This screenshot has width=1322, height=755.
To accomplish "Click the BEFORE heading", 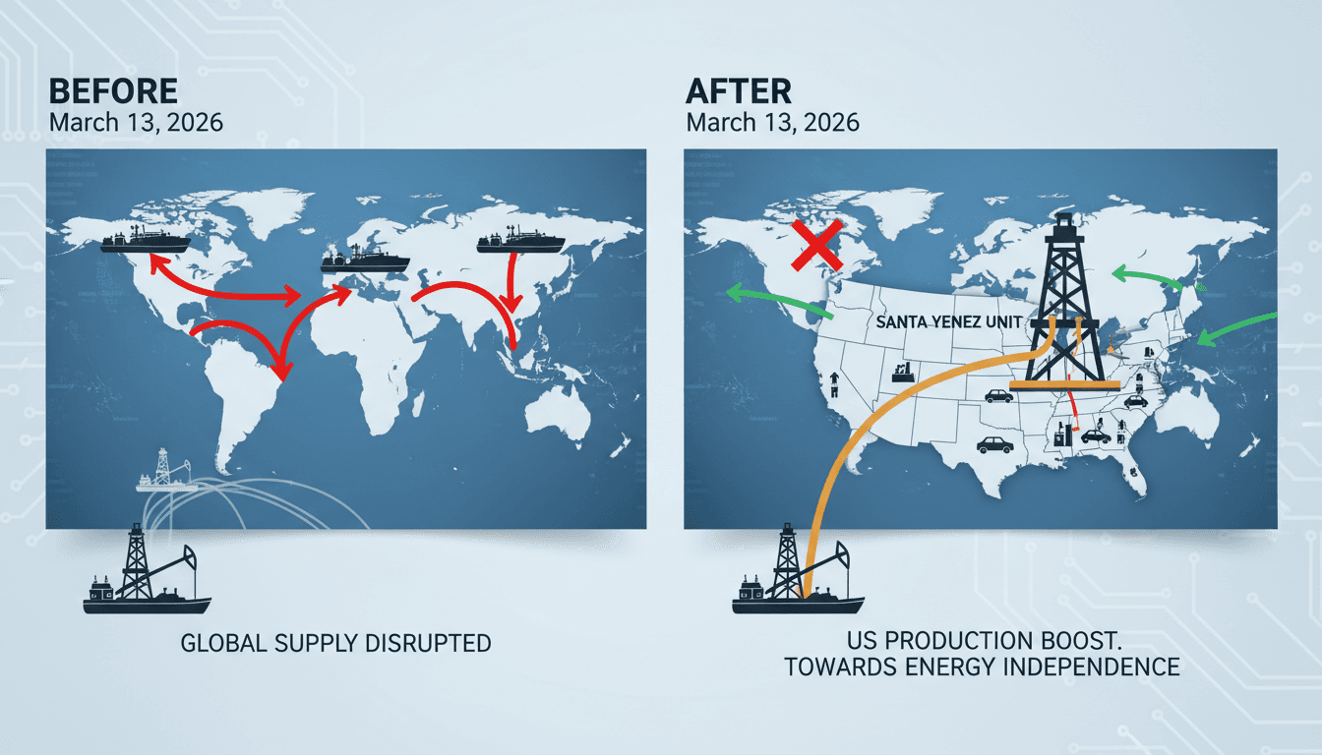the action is (x=113, y=91).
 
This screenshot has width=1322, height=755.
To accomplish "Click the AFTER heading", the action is (x=739, y=91).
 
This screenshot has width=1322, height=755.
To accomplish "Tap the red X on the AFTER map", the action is (x=816, y=245).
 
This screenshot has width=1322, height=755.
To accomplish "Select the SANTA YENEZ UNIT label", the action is (x=949, y=322).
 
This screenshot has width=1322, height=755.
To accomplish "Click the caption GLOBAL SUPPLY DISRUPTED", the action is (x=335, y=643).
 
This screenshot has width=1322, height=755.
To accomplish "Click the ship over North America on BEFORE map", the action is (x=146, y=240).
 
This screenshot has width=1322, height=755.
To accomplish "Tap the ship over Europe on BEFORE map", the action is (x=365, y=260).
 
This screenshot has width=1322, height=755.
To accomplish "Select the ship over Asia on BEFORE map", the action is (x=520, y=240).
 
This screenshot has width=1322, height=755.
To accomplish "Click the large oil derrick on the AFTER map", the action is (x=1064, y=304).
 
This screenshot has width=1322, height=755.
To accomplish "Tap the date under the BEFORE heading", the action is (x=136, y=123).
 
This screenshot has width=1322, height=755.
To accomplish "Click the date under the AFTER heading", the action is (x=772, y=123).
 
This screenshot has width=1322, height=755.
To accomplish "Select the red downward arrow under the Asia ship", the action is (x=511, y=282).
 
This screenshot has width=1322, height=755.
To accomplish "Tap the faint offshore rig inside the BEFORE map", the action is (x=166, y=471).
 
